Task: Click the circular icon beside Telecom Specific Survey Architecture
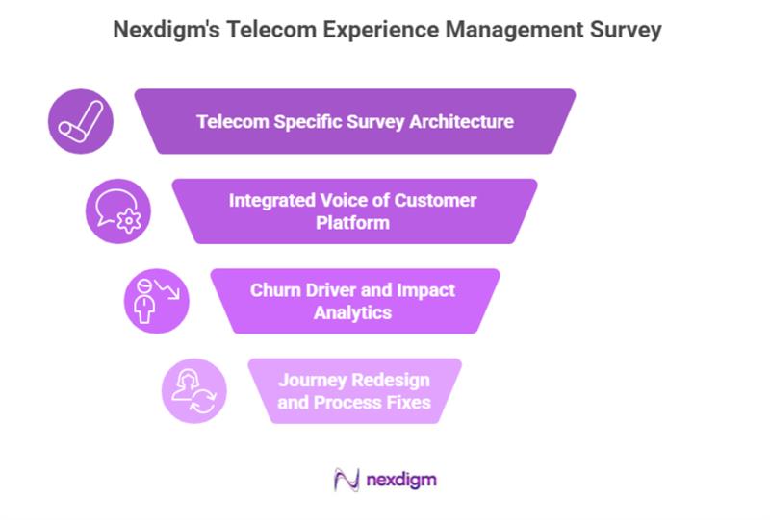[81, 122]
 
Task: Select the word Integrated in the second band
[272, 201]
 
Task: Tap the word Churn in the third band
[275, 290]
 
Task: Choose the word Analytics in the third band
[352, 312]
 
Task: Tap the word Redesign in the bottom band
[390, 380]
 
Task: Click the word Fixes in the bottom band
[406, 402]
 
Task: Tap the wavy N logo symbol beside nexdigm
[346, 478]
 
